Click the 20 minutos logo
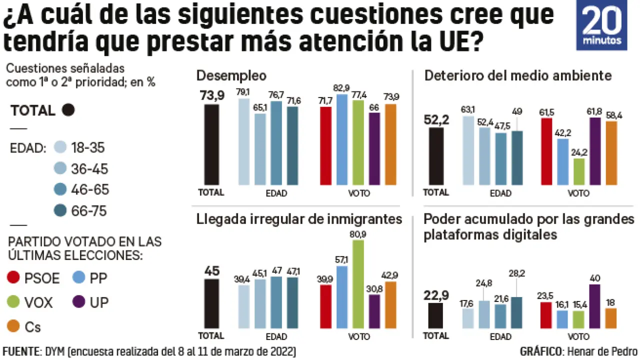(601, 25)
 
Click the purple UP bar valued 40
(594, 306)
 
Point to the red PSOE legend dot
(15, 278)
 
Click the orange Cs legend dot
(15, 327)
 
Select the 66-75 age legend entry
(80, 211)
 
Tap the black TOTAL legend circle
(68, 110)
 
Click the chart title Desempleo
(231, 76)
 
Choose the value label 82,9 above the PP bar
(341, 88)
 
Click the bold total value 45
(211, 270)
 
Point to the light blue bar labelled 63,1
(468, 150)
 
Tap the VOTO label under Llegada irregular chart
(357, 335)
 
